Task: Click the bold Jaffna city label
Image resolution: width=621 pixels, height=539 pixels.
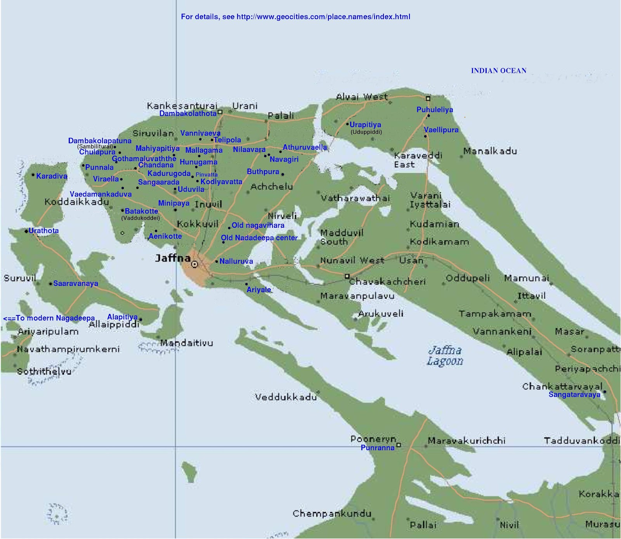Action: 172,258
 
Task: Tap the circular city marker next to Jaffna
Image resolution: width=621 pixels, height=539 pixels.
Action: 195,264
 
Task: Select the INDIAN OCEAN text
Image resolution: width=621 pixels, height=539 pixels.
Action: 498,71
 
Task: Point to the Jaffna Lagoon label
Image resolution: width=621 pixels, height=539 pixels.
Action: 445,356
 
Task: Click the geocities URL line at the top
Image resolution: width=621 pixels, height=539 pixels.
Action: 295,17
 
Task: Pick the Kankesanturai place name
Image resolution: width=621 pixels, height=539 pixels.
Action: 182,106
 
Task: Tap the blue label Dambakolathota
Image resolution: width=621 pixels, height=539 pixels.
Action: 188,114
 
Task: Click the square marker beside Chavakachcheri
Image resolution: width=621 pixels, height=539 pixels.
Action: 347,276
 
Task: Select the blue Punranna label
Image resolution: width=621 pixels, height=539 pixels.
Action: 377,448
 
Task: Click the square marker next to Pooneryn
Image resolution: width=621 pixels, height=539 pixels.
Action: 398,445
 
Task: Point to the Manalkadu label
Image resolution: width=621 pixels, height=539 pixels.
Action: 490,151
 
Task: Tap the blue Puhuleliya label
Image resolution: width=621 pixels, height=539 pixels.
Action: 434,110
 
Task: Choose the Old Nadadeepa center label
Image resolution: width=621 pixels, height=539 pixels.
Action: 259,238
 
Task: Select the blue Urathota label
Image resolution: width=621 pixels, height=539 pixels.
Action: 43,231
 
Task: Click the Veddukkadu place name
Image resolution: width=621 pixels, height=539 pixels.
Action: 286,397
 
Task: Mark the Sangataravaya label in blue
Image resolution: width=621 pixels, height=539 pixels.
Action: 574,394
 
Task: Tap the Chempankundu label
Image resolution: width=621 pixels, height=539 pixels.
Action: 332,514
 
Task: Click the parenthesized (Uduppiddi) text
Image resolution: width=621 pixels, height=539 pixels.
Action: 366,132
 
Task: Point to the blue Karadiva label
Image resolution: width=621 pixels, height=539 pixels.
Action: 52,176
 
